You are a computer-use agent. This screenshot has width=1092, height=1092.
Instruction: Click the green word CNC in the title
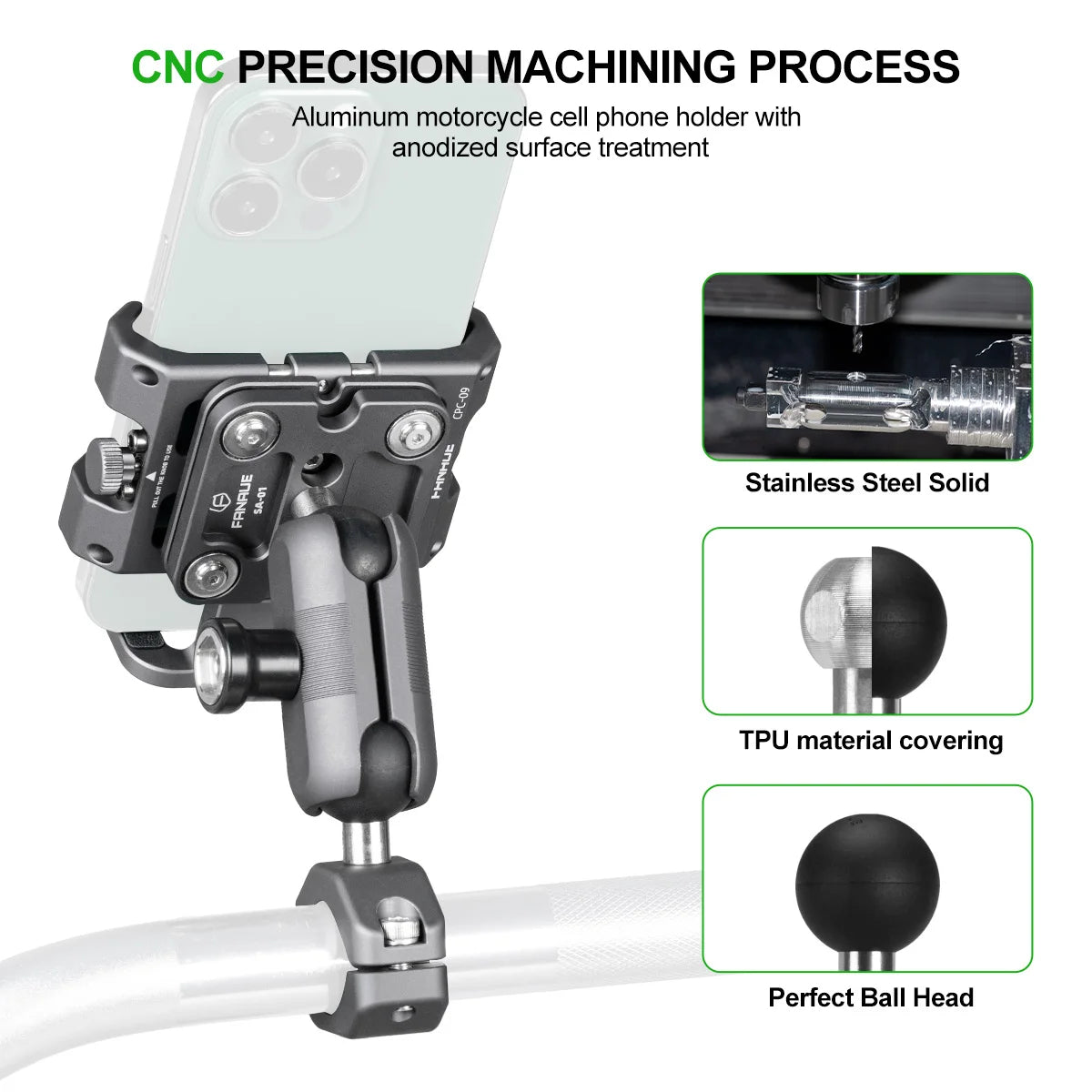(177, 66)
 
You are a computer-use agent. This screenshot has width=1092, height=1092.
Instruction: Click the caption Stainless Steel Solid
(866, 482)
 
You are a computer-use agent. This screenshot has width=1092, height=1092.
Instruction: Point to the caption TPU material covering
(870, 740)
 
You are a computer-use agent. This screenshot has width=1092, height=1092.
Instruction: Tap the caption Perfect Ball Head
(870, 997)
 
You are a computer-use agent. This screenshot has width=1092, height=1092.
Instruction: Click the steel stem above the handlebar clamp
(366, 842)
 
